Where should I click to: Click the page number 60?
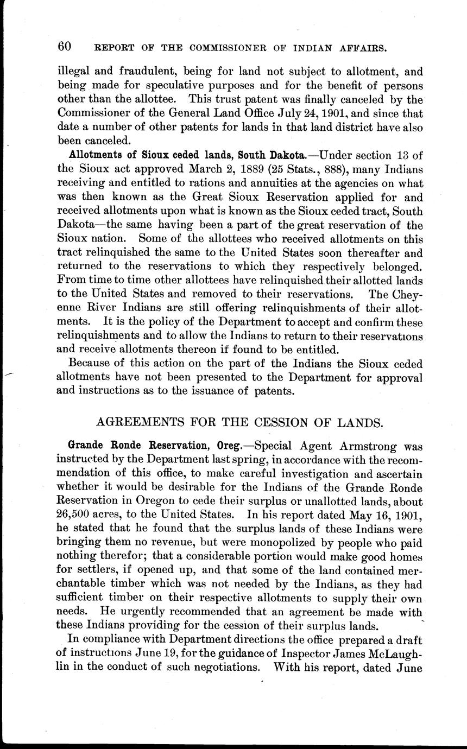tap(65, 47)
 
